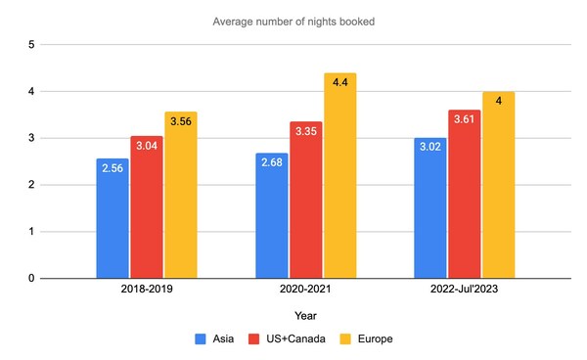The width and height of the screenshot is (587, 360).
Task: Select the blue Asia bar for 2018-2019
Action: [x=113, y=219]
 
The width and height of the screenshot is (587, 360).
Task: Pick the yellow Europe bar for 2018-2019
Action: [x=180, y=196]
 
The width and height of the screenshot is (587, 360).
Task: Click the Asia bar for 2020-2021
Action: [x=271, y=216]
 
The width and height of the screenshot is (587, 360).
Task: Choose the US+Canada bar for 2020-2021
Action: [x=305, y=201]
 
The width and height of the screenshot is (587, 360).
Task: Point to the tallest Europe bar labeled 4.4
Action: [x=339, y=176]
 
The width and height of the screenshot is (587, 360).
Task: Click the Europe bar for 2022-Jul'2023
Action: [x=498, y=186]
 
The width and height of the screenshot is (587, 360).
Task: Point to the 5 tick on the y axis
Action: [x=32, y=45]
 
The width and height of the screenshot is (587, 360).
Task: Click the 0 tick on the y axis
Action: [x=32, y=279]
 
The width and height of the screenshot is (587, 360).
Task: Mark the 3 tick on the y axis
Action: [x=32, y=138]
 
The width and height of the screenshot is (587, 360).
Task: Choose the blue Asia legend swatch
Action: [x=200, y=338]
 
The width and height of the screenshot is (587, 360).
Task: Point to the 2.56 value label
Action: [x=113, y=166]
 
